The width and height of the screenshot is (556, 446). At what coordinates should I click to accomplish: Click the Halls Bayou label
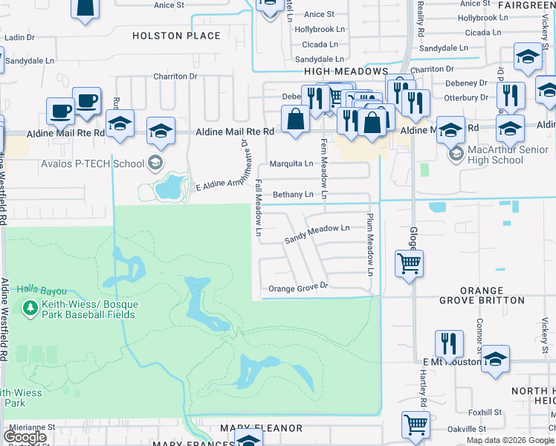pos(43,291)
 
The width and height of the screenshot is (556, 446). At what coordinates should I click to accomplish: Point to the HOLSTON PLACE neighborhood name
pos(176,36)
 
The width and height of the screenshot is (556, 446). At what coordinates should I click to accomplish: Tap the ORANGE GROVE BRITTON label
pos(482,295)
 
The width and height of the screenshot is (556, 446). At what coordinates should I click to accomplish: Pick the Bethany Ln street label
pos(293,195)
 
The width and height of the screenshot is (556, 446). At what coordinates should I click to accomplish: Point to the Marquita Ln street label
pos(291,164)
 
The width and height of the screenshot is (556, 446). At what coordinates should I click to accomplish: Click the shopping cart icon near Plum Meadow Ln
pos(409,262)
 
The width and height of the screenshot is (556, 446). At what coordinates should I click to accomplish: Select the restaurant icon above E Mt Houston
pos(449,343)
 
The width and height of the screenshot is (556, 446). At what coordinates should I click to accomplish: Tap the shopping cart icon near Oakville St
pos(416,424)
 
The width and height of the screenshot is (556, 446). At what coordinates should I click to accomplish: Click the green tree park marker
pos(30,307)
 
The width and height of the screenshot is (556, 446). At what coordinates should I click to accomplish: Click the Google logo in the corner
pos(25,437)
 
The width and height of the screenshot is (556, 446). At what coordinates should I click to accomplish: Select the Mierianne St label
pos(31,427)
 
